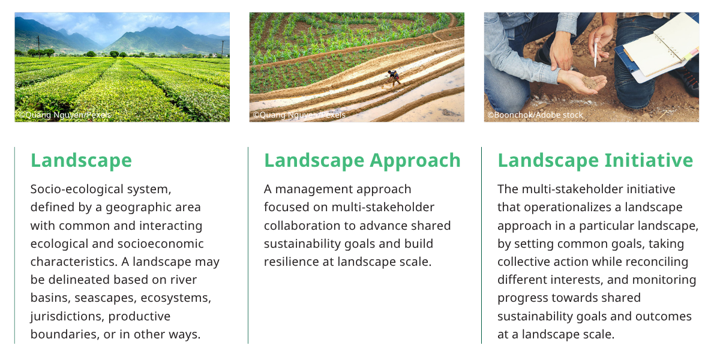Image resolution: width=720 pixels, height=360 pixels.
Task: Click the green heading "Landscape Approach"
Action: coord(362,161)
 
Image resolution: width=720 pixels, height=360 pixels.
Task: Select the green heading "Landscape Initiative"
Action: coord(595,161)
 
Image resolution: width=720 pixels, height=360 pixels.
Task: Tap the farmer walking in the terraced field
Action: coord(394,77)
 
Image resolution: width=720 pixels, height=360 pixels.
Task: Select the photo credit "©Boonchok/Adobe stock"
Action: coord(535,115)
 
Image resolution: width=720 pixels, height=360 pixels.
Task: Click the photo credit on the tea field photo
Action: coord(64,115)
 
